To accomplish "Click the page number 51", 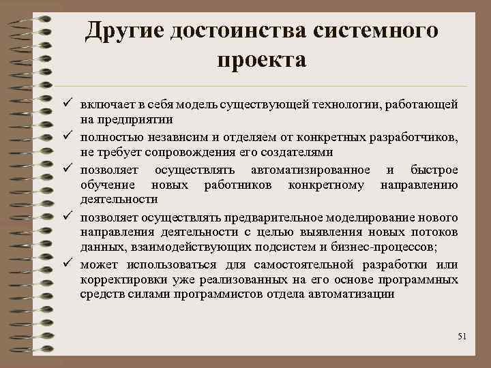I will (462, 337).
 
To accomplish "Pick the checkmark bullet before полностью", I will (68, 138).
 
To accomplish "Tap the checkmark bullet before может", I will (68, 264).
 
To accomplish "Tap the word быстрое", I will (435, 169).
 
